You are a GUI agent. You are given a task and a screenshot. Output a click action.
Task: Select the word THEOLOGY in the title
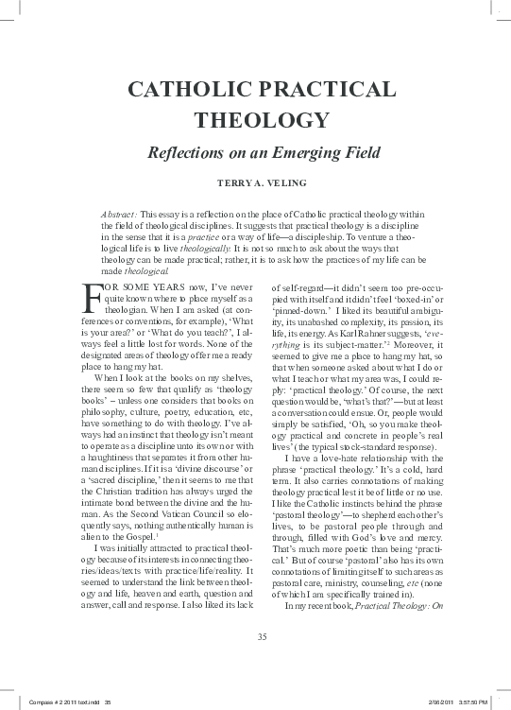[x=255, y=121]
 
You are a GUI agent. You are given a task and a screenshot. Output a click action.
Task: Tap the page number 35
[x=257, y=635]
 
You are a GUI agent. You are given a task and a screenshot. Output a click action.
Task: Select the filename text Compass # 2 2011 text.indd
[x=57, y=701]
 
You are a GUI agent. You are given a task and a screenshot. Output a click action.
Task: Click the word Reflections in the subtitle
[x=183, y=152]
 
